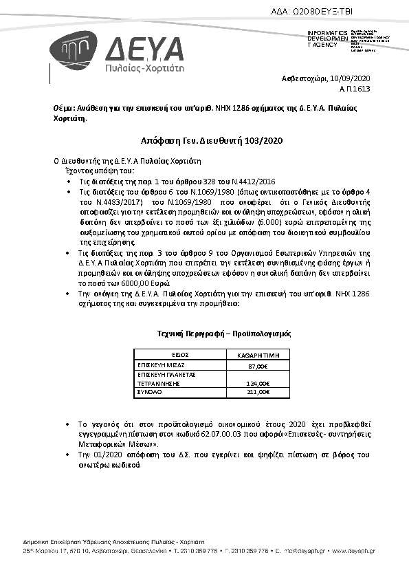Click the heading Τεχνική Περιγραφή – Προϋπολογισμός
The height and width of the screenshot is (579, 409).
[x=224, y=333]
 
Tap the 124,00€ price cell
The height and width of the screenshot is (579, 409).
[x=258, y=384]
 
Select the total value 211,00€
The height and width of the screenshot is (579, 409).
[x=258, y=391]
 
